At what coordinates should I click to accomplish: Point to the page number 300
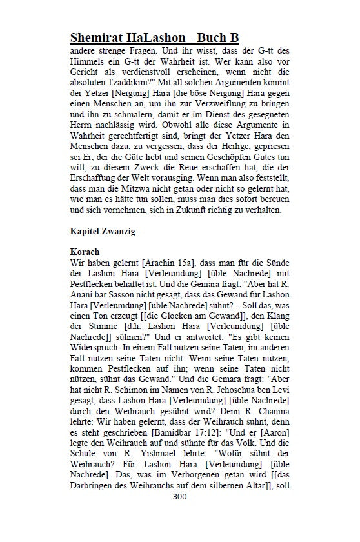[180, 497]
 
